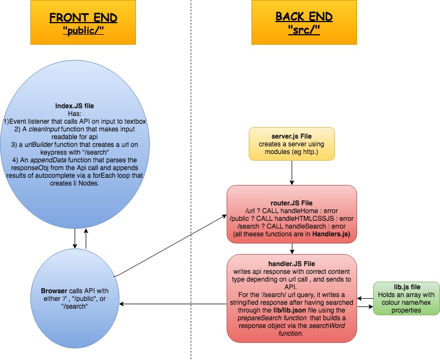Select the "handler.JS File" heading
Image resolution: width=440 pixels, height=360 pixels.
[291, 263]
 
